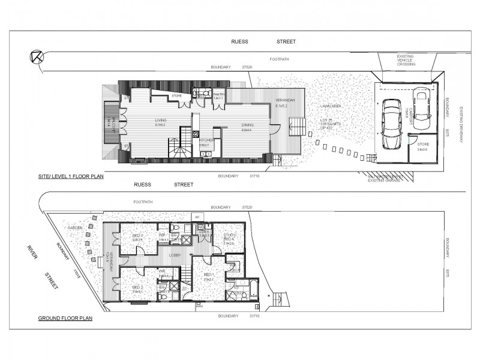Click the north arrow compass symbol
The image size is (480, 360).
36,58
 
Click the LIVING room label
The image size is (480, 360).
160,120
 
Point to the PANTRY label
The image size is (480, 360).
219,94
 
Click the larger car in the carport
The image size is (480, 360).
392,123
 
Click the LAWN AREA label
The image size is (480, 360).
331,106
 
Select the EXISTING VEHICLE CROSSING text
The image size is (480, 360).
405,60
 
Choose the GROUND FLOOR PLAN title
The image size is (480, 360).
65,319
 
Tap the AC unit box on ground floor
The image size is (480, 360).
197,217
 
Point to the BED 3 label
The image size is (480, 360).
137,236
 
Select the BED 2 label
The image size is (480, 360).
137,287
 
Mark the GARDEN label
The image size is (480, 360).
75,228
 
